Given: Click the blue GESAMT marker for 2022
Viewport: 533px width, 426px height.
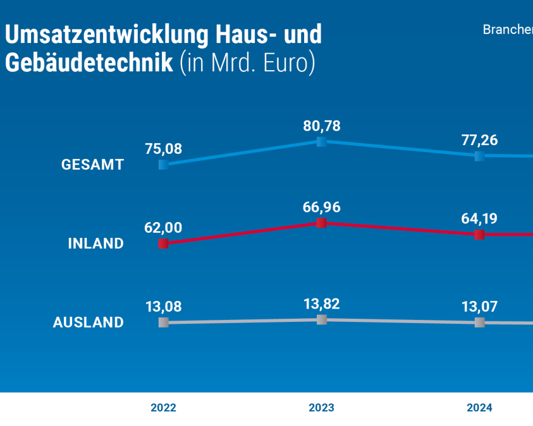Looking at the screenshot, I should point(164,165).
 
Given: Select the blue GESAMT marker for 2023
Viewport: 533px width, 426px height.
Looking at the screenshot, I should point(321,141).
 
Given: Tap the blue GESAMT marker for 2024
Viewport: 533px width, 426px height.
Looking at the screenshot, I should point(479,156).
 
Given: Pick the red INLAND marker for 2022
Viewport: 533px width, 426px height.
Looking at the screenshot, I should point(163,244).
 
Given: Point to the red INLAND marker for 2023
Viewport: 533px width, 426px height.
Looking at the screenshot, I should point(321,223).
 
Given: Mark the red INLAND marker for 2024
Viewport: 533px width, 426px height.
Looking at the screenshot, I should point(479,235).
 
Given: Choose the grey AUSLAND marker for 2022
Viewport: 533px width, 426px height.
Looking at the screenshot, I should point(164,322).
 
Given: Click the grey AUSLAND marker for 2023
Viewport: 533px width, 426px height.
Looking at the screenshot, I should point(321,319).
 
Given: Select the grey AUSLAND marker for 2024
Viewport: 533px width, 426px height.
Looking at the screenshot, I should point(479,322).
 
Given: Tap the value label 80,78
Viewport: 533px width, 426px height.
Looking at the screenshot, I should point(321,126).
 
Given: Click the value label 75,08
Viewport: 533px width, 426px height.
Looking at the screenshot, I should point(163,149).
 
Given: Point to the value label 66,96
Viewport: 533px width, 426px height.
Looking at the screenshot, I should point(321,208).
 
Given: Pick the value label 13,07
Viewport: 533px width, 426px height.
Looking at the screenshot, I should point(479,307).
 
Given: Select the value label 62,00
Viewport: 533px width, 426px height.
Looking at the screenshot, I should point(163,228).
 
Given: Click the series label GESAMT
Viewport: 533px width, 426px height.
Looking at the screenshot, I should point(92,165).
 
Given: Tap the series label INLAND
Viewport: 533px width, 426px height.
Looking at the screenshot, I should point(96,244).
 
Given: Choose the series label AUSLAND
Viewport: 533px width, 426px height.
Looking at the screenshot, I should point(89,322).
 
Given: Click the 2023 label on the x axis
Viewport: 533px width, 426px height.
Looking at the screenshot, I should point(321,408).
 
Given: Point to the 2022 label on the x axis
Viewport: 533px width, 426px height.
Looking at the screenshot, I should point(163,408).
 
